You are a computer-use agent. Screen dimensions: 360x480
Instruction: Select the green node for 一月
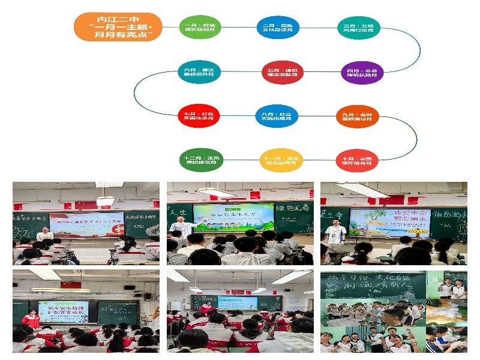(x=200, y=27)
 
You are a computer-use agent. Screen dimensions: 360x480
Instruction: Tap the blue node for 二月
(x=278, y=27)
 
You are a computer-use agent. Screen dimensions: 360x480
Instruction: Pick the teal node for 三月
(x=358, y=28)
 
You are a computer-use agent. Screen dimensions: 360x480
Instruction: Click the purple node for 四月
(x=362, y=73)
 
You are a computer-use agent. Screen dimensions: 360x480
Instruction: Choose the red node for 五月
(x=283, y=72)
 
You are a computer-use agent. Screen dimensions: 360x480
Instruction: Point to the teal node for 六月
(x=199, y=72)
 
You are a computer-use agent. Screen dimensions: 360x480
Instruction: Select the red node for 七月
(x=199, y=115)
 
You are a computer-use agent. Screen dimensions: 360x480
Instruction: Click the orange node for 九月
(x=357, y=115)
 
